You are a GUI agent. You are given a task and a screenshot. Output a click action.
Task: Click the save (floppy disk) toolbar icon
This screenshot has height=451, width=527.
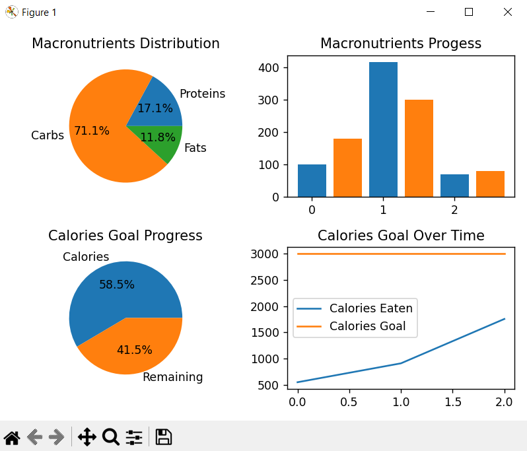click(x=163, y=436)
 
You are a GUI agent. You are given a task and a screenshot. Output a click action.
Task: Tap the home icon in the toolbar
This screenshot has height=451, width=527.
click(x=12, y=436)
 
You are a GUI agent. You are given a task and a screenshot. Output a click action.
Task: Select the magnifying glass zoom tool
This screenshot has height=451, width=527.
click(x=111, y=436)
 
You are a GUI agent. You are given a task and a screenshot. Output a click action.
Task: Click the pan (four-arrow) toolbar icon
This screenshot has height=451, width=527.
click(x=87, y=436)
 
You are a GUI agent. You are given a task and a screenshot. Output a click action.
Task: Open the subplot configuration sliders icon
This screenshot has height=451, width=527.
click(x=134, y=436)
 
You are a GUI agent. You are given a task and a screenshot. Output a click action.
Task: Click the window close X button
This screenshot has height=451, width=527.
click(x=507, y=12)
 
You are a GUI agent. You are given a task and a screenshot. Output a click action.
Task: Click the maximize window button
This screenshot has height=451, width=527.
click(x=469, y=12)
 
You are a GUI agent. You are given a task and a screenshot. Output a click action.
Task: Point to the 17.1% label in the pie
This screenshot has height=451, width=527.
click(x=155, y=108)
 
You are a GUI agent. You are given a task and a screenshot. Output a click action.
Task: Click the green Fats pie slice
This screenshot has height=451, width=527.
click(x=165, y=142)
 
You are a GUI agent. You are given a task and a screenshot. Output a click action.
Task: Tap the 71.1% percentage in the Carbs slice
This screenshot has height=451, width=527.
click(x=92, y=131)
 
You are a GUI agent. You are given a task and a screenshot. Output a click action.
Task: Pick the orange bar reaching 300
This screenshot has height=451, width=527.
click(x=419, y=148)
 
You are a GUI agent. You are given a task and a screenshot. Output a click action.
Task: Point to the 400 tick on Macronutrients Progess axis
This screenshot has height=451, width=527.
click(x=273, y=67)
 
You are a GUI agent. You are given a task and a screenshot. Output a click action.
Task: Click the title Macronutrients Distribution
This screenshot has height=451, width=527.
click(x=125, y=44)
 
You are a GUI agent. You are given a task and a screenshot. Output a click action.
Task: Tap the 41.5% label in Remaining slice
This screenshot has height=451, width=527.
click(x=134, y=350)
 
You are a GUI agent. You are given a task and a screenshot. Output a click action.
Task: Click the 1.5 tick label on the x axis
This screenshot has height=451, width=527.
click(x=453, y=401)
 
